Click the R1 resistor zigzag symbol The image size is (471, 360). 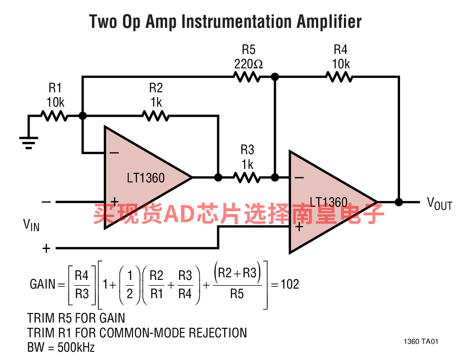54,116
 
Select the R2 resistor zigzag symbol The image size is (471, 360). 155,116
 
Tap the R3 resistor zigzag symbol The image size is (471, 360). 247,178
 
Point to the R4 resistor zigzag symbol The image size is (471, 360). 340,77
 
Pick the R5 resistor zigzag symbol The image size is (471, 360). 247,77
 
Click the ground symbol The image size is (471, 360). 29,143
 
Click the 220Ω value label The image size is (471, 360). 249,64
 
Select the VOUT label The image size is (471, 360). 440,204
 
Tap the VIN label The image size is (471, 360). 31,225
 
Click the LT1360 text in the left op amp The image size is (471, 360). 146,178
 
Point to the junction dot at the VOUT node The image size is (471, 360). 399,202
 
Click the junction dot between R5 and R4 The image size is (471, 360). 275,77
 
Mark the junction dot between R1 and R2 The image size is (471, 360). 83,116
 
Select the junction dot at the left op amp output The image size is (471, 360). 219,178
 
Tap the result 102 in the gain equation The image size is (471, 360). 290,284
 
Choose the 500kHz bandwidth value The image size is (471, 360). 76,347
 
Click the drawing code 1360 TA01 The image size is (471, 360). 421,341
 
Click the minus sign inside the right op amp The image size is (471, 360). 299,178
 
